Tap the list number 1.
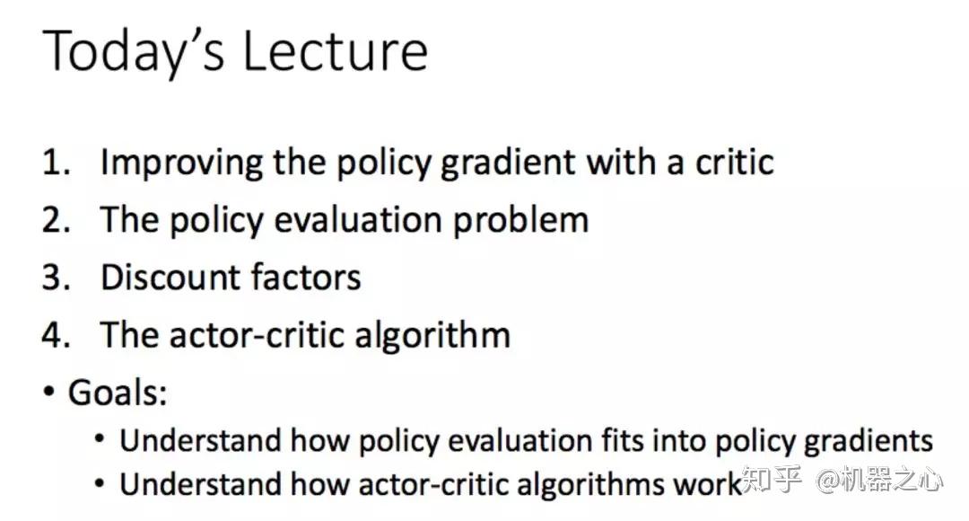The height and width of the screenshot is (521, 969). tap(56, 162)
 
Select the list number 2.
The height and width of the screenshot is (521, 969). tap(56, 220)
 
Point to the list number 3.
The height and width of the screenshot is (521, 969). tap(56, 278)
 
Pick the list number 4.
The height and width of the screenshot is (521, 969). tap(56, 335)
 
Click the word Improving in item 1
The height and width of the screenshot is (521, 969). tap(181, 163)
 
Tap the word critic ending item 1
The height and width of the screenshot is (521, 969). tap(734, 162)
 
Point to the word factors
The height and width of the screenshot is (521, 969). tap(306, 278)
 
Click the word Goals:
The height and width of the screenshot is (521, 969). tap(118, 393)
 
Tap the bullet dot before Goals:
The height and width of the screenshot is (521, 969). tap(48, 393)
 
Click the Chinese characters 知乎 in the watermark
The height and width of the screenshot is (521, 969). tap(772, 479)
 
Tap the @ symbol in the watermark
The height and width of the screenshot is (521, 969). tap(828, 481)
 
